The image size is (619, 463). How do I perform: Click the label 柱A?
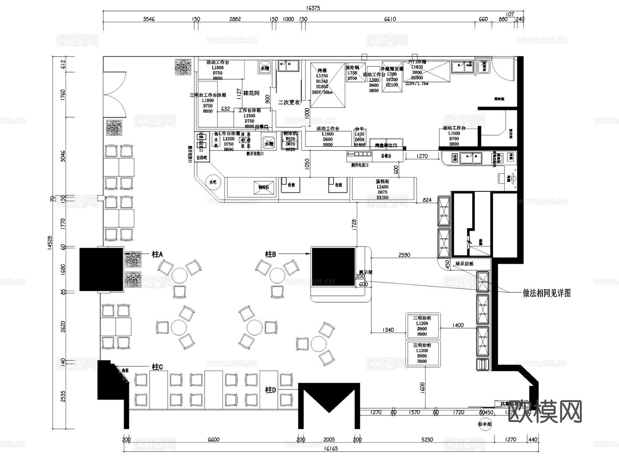[x=157, y=254]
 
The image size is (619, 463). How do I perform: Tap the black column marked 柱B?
[x=333, y=267]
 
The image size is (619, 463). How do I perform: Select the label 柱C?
[x=157, y=367]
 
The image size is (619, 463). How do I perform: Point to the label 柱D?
[x=270, y=390]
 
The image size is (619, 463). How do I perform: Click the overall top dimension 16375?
[x=313, y=8]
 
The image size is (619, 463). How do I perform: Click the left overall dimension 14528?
[x=50, y=244]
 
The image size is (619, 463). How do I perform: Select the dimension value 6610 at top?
[x=390, y=19]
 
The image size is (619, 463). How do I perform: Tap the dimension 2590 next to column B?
[x=404, y=255]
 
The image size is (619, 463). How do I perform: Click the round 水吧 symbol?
[x=213, y=182]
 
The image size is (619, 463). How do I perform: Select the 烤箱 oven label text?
[x=322, y=70]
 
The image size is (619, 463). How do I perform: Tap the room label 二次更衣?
[x=289, y=102]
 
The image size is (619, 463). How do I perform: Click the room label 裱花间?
[x=251, y=93]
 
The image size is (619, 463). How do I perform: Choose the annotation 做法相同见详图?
[x=546, y=293]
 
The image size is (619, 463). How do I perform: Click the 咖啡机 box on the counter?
[x=263, y=187]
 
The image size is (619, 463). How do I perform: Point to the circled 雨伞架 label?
[x=485, y=424]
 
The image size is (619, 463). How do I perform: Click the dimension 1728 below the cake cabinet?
[x=354, y=224]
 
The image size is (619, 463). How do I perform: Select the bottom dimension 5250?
[x=427, y=439]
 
